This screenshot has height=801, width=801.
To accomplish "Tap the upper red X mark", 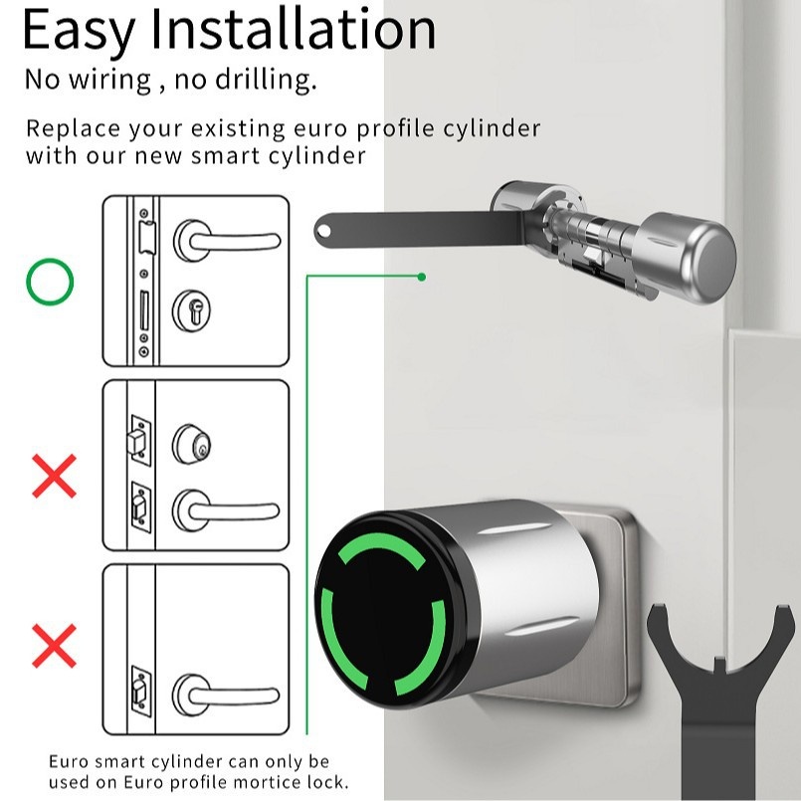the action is point(54,476).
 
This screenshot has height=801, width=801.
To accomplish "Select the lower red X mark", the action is point(54,646).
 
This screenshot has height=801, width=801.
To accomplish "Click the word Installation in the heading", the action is point(294,30).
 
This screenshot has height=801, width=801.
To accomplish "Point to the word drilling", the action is point(266,80).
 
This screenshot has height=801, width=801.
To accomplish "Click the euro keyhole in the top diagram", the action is point(194,310).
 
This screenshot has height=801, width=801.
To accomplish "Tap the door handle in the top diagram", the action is point(226,241).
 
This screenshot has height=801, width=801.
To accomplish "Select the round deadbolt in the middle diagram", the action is point(191,444).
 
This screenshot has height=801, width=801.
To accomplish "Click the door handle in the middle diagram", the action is point(225,510).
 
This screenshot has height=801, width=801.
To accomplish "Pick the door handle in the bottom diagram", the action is point(225,695).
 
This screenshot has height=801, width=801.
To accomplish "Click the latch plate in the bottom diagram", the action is point(140,692).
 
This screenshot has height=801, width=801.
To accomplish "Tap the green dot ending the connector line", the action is point(422,277).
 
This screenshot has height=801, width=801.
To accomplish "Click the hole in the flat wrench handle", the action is point(323,232).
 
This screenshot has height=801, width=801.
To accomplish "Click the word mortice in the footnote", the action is point(264,782).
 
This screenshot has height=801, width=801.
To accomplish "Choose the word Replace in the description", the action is point(73,128).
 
